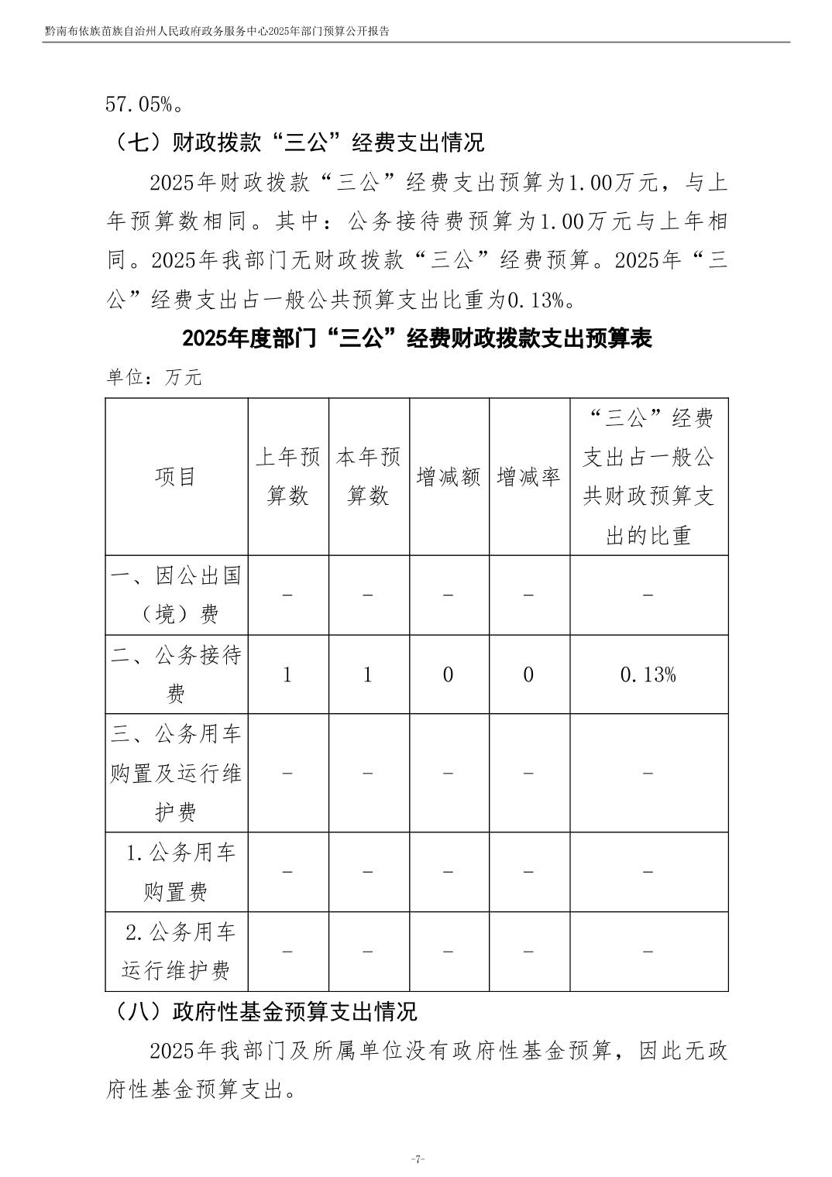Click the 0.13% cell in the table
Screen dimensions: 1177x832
[648, 674]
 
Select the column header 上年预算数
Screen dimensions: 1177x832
[287, 476]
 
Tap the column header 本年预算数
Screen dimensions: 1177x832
[368, 476]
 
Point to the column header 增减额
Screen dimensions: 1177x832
[449, 477]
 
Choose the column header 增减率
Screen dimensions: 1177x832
[528, 477]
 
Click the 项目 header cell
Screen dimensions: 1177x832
[176, 477]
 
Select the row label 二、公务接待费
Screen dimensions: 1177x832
[176, 674]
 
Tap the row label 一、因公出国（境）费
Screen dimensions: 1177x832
[176, 595]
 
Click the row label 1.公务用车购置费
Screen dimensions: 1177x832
[176, 872]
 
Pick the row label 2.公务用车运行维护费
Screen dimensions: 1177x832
[176, 951]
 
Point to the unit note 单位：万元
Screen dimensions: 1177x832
[153, 377]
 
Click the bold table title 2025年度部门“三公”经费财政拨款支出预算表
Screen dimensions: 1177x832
[417, 338]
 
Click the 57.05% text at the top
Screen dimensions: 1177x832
[144, 103]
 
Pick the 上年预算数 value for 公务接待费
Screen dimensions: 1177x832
[287, 674]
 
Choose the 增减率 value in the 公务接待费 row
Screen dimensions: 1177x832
[528, 674]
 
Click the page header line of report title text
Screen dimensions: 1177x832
[217, 33]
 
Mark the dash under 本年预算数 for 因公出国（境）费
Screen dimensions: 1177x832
[368, 595]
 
